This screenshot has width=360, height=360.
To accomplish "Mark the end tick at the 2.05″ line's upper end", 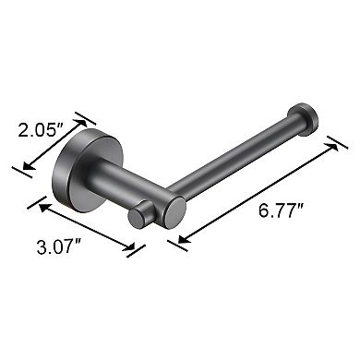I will tap(90, 118).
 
